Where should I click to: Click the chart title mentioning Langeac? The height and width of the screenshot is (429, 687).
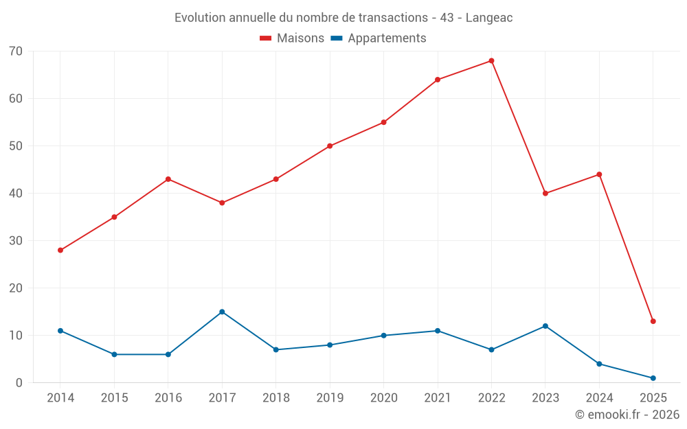click(x=343, y=18)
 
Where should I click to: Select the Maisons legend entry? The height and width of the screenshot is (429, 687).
click(x=292, y=38)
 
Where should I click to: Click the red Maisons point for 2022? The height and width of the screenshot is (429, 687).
click(x=491, y=61)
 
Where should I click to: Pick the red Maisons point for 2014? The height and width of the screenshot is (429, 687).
click(x=60, y=251)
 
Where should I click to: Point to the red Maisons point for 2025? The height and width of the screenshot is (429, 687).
click(x=653, y=321)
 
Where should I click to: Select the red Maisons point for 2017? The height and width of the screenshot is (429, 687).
click(x=222, y=203)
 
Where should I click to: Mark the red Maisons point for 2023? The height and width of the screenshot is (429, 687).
click(x=545, y=194)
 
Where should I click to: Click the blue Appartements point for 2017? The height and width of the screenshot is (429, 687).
click(x=222, y=312)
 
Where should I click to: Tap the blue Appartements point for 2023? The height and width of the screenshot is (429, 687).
click(x=545, y=326)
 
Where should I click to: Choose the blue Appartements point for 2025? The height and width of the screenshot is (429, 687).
click(x=653, y=378)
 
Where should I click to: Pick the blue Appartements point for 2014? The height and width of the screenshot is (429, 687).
click(x=60, y=331)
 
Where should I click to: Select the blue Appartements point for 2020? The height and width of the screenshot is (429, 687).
click(x=383, y=336)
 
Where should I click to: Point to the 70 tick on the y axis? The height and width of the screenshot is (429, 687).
click(x=16, y=51)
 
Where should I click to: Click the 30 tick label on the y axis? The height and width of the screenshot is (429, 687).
click(x=16, y=241)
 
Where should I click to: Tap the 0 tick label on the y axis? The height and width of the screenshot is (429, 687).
click(x=19, y=383)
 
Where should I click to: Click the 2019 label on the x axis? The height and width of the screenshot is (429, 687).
click(x=330, y=398)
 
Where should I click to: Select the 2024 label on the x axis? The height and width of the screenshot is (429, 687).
click(x=599, y=398)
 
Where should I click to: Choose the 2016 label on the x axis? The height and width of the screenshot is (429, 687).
click(x=168, y=398)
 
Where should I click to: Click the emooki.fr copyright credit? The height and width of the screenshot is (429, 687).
click(x=627, y=415)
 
